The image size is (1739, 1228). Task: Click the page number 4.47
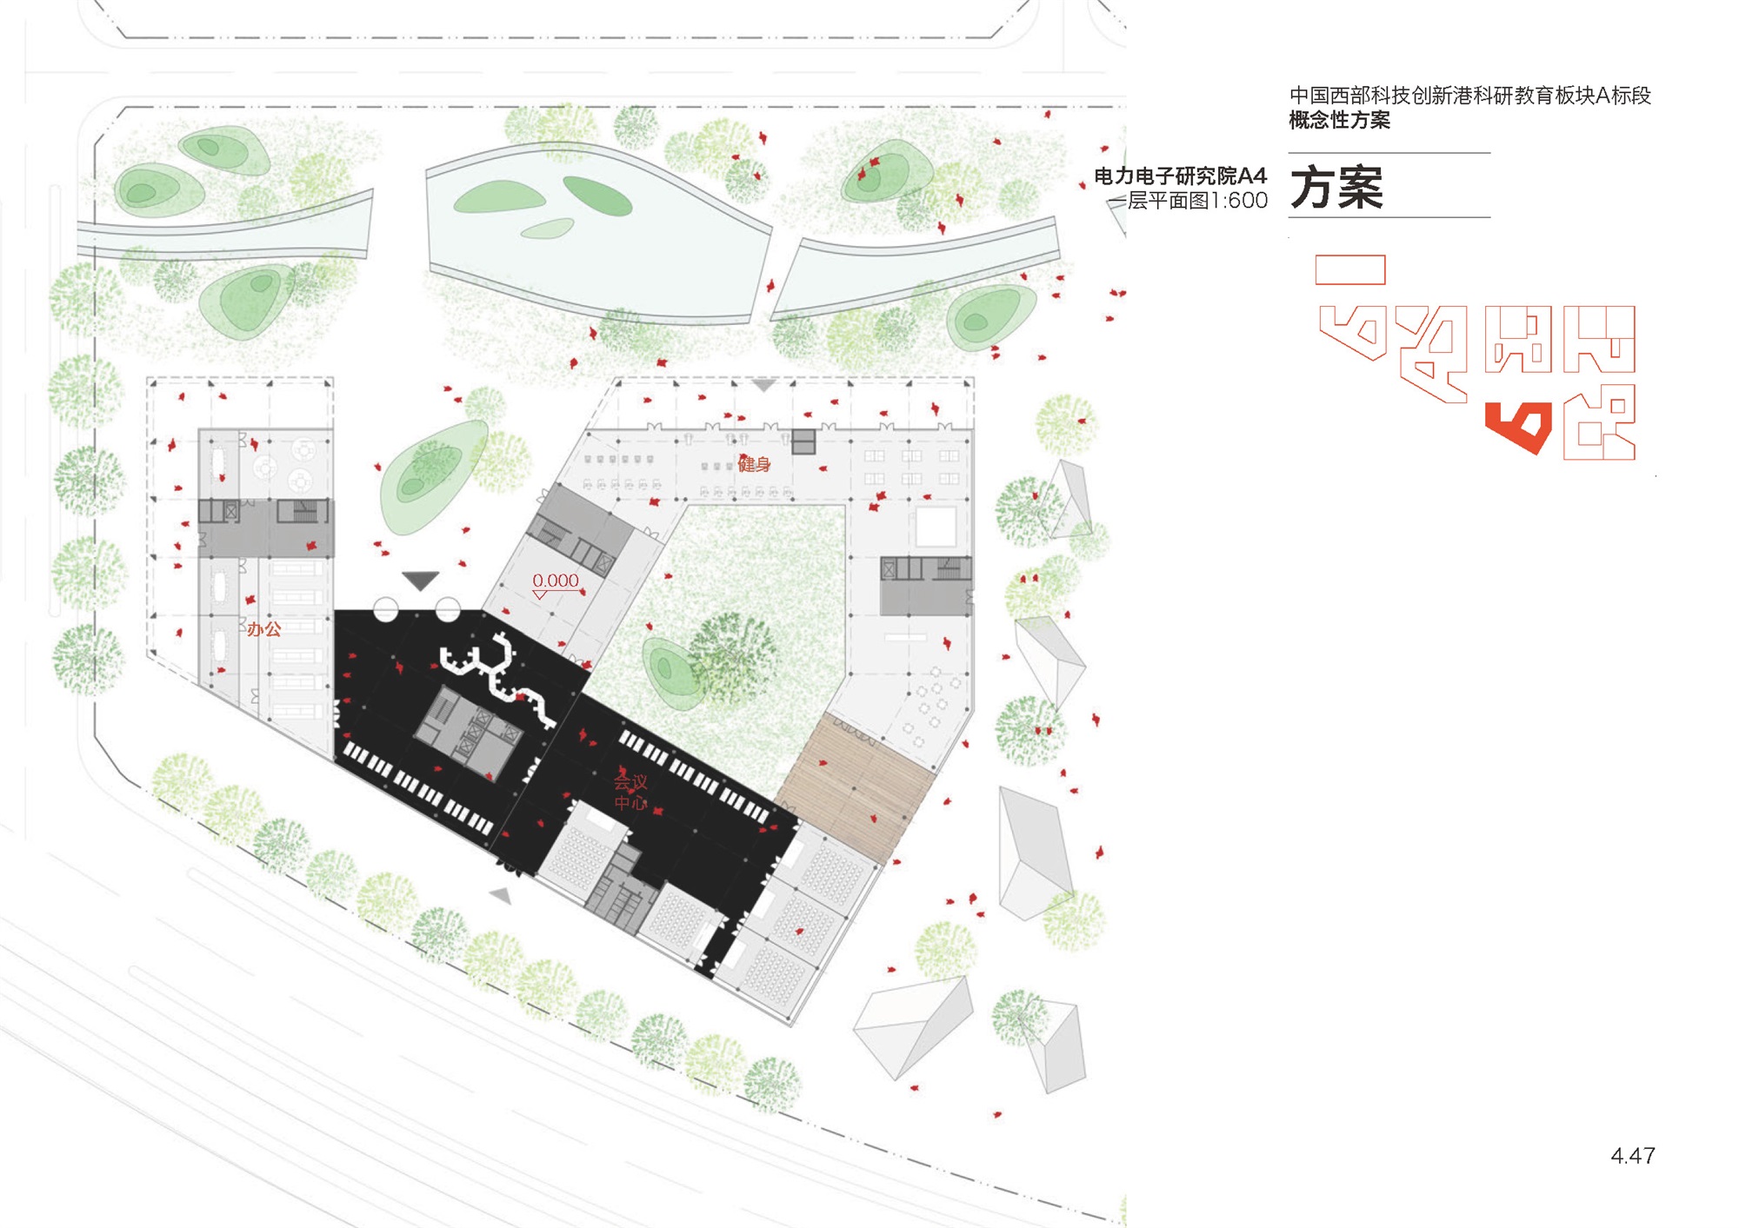[1632, 1156]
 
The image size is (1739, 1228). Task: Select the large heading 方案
[1336, 187]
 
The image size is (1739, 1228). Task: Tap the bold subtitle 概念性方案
[1339, 120]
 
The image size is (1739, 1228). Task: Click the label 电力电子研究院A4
[1180, 176]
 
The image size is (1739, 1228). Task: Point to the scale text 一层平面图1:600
[1188, 201]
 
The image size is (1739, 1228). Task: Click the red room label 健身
[754, 464]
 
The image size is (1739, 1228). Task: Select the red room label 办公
[263, 629]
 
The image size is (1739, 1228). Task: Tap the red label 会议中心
[630, 792]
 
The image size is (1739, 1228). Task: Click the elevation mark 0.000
[556, 581]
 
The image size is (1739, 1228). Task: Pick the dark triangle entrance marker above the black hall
[420, 580]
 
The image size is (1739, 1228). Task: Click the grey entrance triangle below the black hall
[500, 895]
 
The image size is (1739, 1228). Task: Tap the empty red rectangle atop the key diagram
[1349, 270]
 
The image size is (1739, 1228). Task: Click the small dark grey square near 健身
[803, 441]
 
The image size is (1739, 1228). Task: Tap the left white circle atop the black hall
[386, 610]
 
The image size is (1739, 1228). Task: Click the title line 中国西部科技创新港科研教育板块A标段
[1469, 96]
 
